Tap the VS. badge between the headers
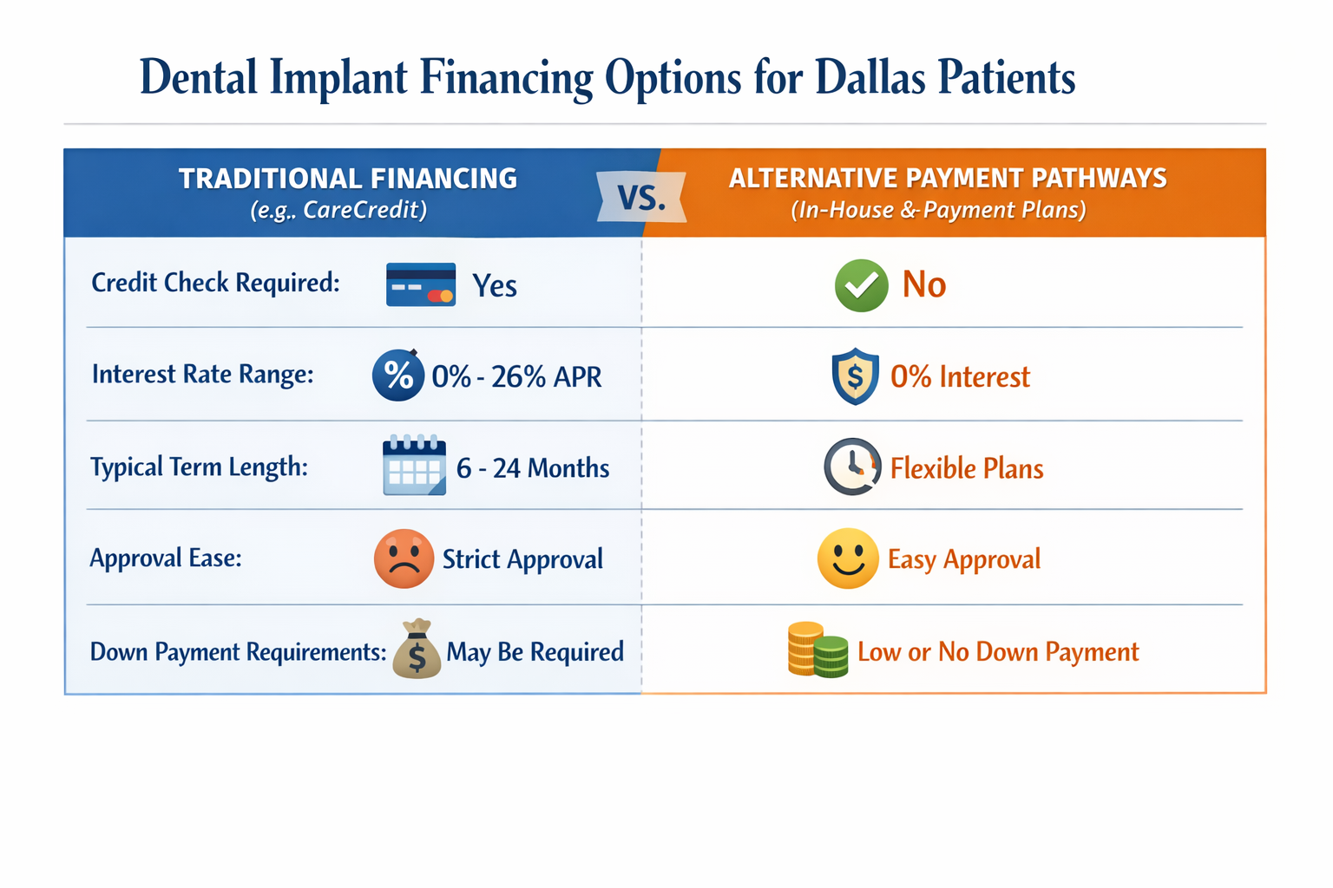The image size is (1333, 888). pos(641,198)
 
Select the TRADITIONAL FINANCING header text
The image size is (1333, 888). pos(348,179)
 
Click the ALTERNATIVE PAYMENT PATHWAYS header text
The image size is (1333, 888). pos(948,179)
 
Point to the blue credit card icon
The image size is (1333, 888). pos(421,284)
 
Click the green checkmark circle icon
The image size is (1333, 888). pos(861,285)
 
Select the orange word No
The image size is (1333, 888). pos(923,285)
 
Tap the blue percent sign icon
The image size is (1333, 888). pos(398,375)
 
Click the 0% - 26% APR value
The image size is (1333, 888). pos(516,377)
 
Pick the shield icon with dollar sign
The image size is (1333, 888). pos(855,376)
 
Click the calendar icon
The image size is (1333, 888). pos(415,466)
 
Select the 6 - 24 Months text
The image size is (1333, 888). pos(533,468)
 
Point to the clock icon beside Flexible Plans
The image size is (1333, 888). pos(852,467)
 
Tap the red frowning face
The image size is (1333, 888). pos(404,558)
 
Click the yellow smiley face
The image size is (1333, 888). pos(848,558)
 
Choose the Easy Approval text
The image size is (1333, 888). pos(963,559)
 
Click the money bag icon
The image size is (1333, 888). pos(417,650)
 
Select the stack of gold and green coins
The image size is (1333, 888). pos(817,650)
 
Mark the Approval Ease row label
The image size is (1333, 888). pos(166,558)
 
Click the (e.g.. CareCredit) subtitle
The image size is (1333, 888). pos(338,211)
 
